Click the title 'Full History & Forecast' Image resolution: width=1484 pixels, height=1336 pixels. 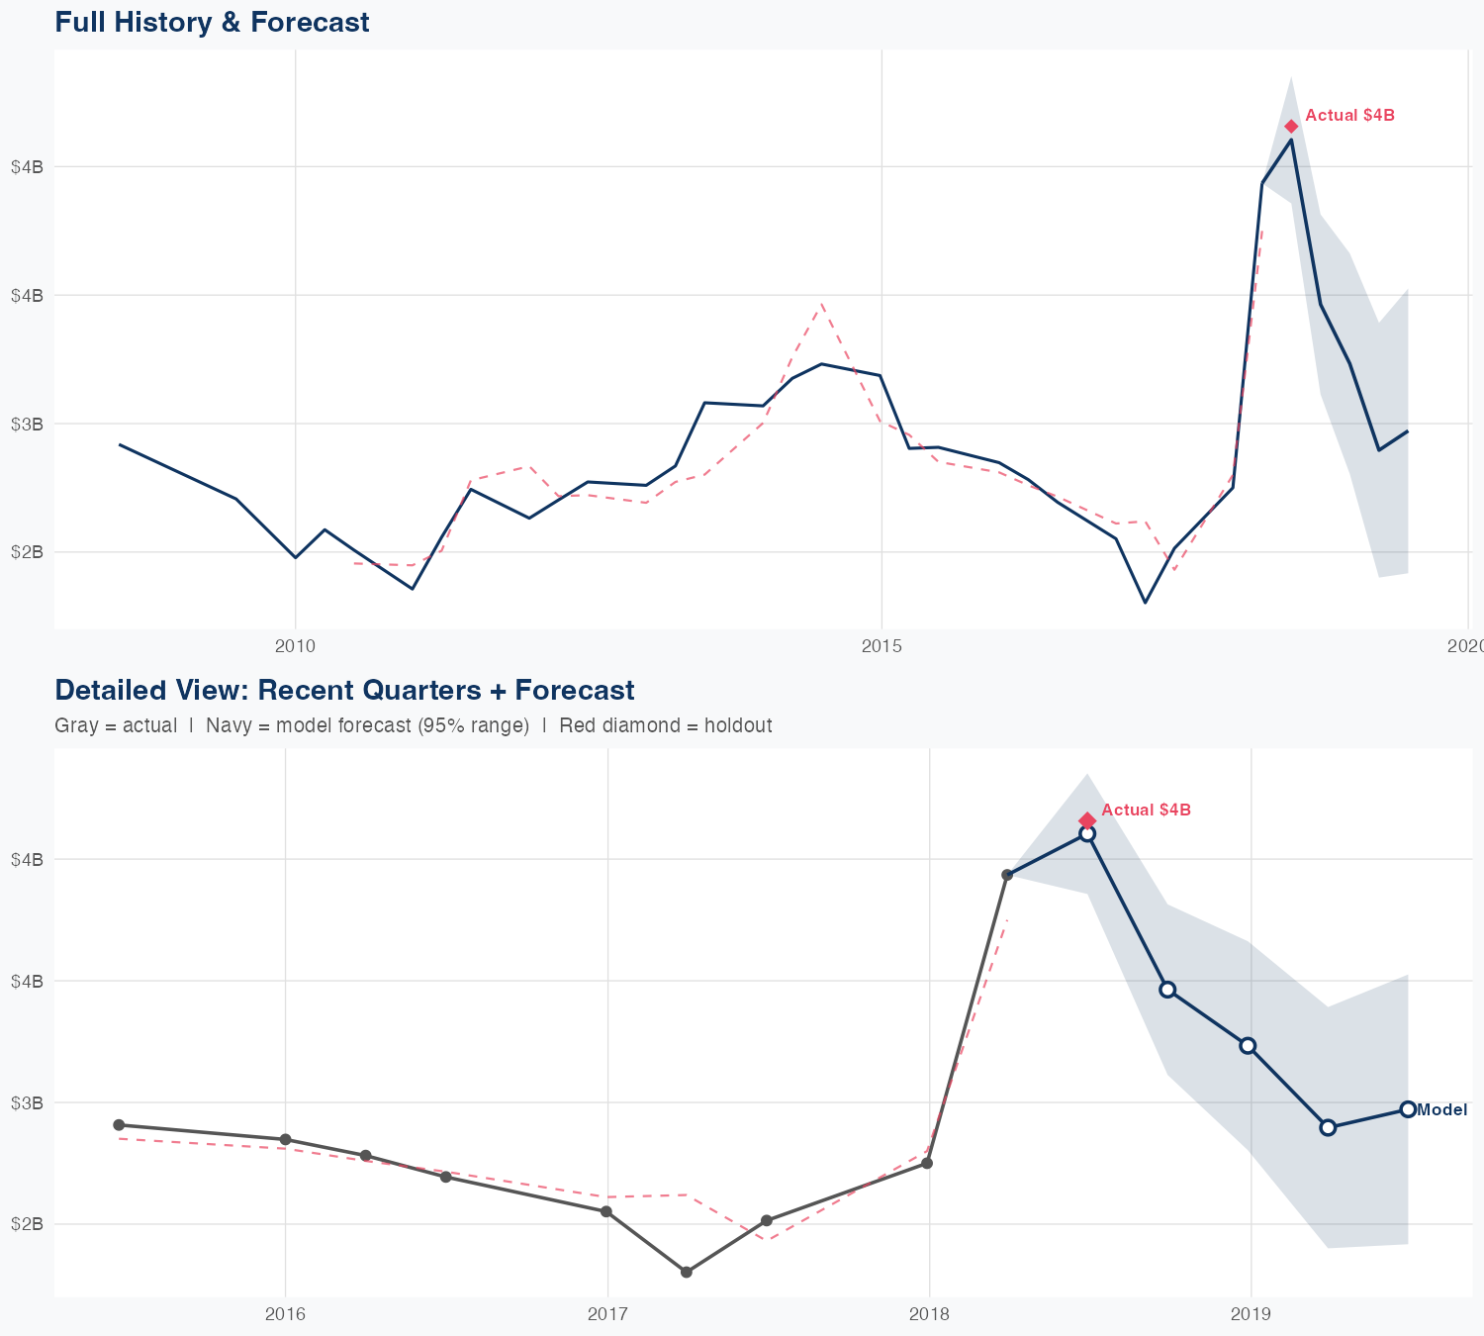click(212, 22)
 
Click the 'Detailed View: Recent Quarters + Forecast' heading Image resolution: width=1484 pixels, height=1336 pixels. click(344, 690)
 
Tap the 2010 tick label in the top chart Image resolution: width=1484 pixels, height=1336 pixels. click(295, 646)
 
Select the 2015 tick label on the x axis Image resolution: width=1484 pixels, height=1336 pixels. click(881, 646)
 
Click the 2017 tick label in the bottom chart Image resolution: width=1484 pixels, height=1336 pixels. click(607, 1314)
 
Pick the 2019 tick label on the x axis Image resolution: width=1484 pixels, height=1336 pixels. click(1251, 1314)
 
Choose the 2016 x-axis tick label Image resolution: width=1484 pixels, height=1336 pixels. click(285, 1314)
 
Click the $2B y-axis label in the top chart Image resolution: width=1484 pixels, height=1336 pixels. click(27, 551)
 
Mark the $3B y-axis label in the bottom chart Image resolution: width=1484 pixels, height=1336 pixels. click(27, 1102)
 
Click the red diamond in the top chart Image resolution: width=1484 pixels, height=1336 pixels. click(1291, 126)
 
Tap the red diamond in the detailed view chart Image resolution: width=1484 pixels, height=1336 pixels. click(1087, 820)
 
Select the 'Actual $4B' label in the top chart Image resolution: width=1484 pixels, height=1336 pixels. click(1349, 116)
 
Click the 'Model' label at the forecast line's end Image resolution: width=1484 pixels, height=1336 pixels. click(1441, 1110)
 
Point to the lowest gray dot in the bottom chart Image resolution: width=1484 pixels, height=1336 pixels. click(687, 1272)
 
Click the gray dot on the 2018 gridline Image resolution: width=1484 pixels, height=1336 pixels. click(927, 1163)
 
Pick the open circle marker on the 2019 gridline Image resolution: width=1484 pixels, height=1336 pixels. click(1248, 1046)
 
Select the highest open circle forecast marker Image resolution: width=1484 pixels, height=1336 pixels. click(1087, 834)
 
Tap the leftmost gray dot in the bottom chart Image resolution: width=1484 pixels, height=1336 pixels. click(119, 1125)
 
